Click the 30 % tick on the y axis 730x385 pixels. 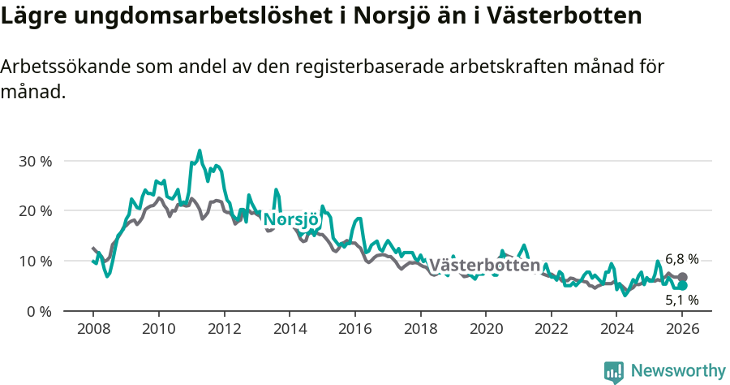[35, 161]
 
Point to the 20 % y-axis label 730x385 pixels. [35, 211]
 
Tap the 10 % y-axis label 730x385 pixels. [35, 262]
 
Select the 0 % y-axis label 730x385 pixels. [38, 312]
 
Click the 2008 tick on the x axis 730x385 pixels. [92, 330]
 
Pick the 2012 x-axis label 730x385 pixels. [224, 330]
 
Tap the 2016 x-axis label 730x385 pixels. [354, 330]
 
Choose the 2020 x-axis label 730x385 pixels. [486, 330]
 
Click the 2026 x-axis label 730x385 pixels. [682, 330]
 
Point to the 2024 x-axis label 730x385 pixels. [616, 330]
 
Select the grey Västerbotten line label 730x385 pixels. [484, 266]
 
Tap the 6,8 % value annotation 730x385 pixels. [681, 259]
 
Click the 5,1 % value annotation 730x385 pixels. [681, 300]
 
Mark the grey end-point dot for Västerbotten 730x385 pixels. [683, 277]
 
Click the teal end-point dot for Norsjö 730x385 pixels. [683, 286]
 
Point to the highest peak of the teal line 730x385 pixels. [200, 151]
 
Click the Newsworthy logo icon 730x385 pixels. [614, 372]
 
